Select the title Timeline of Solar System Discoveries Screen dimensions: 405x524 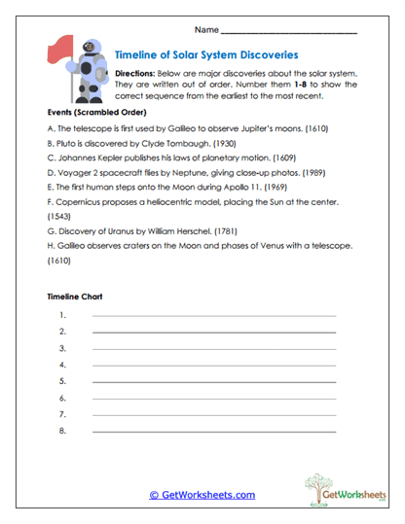tap(206, 55)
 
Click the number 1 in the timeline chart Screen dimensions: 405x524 tap(62, 315)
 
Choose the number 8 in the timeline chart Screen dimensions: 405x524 tap(62, 431)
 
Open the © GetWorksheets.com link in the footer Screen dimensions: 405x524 tap(202, 495)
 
